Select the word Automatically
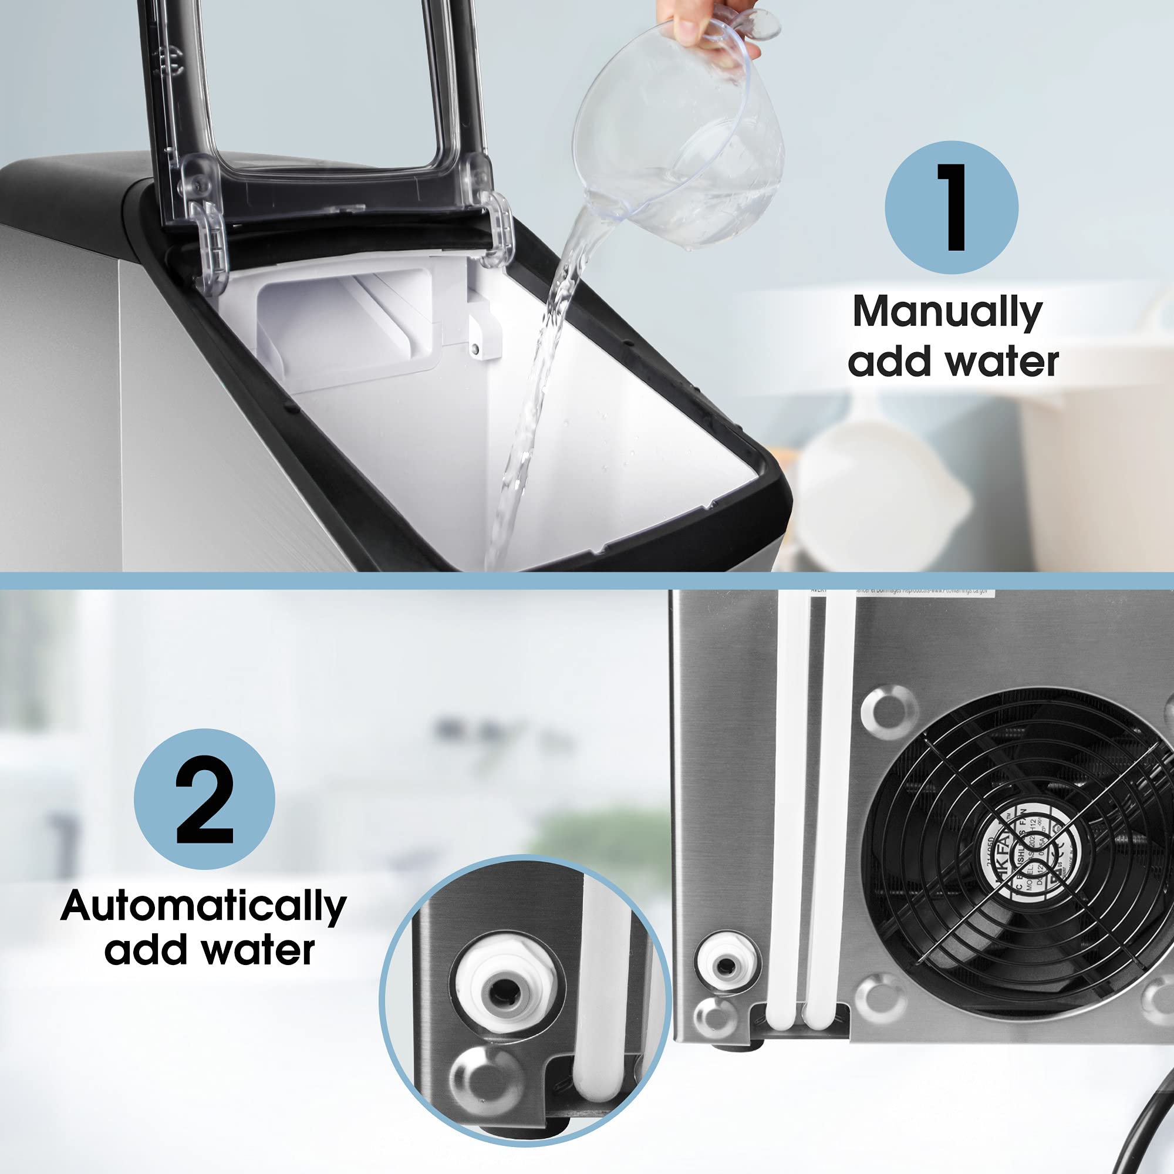[x=204, y=908]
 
